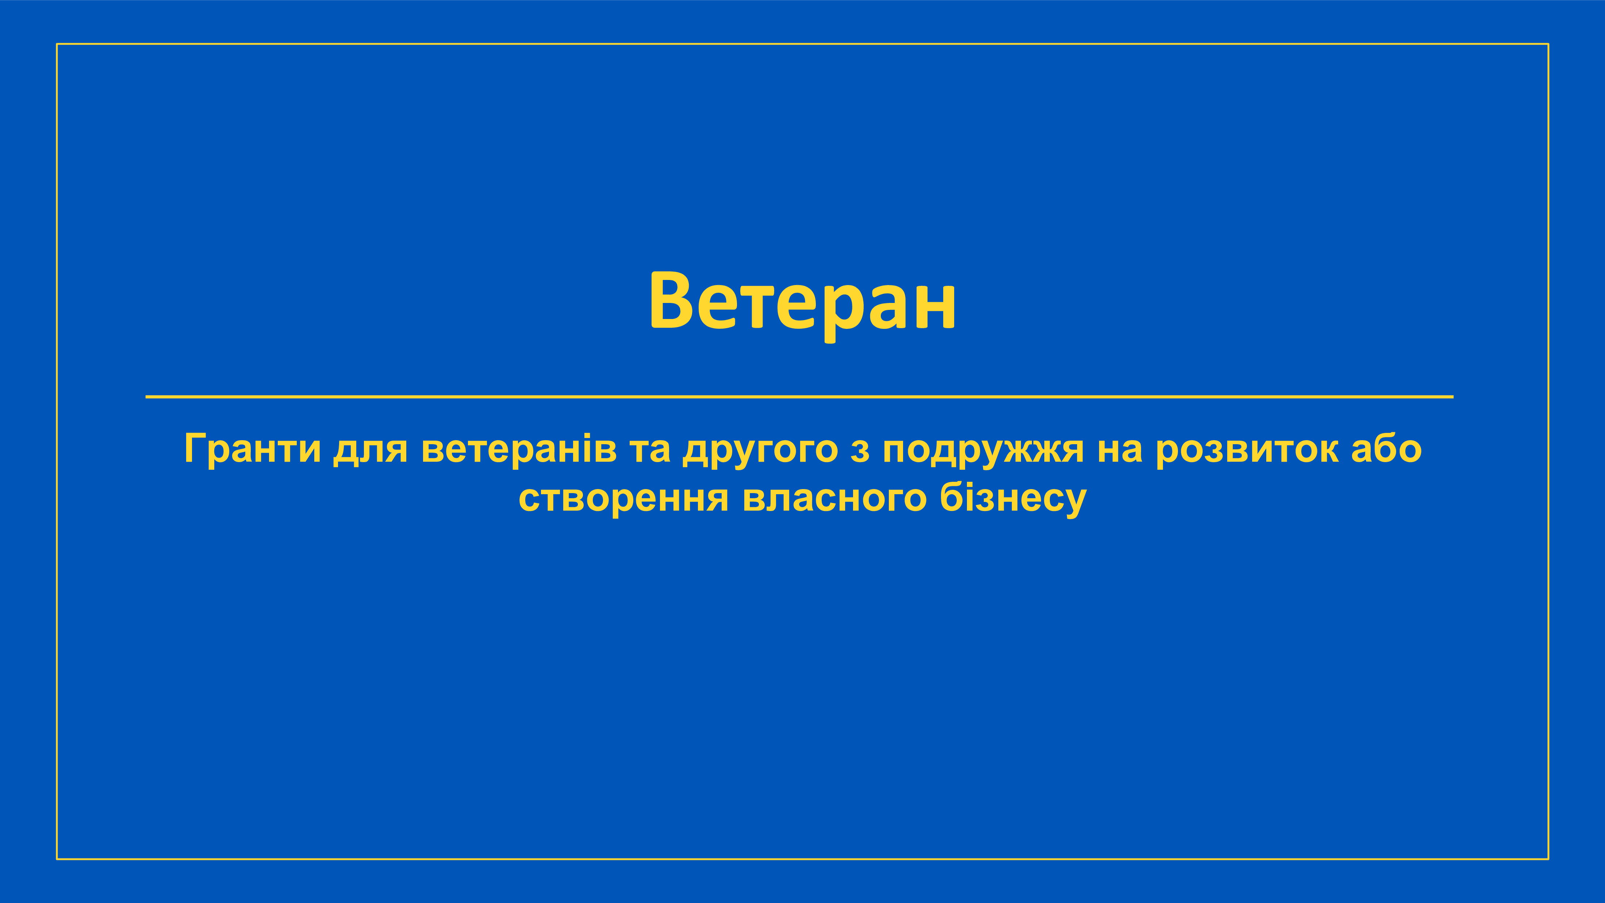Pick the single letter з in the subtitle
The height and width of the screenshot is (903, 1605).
point(860,452)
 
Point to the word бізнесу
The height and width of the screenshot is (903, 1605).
point(1013,499)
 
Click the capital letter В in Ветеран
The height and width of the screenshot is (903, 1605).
point(672,300)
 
